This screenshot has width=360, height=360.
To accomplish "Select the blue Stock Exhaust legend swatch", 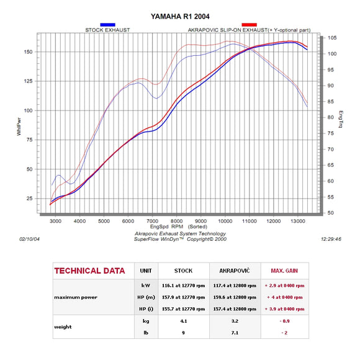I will (107, 24).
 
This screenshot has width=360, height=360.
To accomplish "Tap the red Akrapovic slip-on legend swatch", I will (249, 24).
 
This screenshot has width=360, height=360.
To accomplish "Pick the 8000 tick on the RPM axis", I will (176, 221).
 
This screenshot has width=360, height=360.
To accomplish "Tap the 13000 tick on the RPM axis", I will (297, 221).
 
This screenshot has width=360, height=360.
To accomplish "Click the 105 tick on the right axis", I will (332, 38).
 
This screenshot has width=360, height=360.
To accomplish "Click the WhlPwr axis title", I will (19, 129).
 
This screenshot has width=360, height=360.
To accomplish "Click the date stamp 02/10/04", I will (29, 238).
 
